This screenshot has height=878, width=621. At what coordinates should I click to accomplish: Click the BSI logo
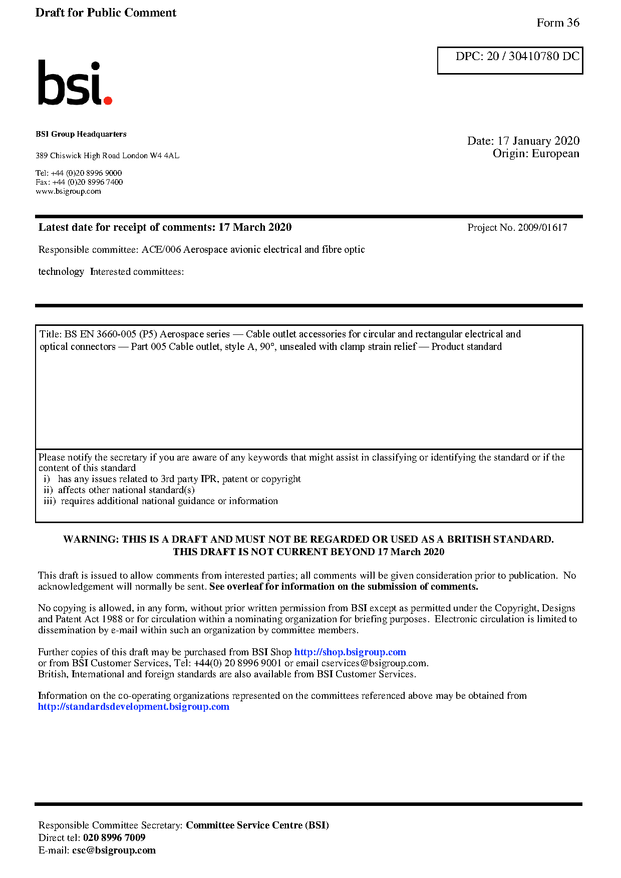pos(75,83)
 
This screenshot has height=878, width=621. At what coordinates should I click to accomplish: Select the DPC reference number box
pos(510,60)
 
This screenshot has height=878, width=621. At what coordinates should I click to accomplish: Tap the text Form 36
pos(557,23)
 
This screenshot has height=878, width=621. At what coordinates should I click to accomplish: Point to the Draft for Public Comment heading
pos(106,13)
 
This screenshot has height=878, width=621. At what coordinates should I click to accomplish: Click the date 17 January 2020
pos(538,141)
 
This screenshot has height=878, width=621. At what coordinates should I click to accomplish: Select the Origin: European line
pos(535,154)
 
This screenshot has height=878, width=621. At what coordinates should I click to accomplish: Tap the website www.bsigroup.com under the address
pos(68,191)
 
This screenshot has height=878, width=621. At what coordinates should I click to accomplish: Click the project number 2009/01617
pos(542,228)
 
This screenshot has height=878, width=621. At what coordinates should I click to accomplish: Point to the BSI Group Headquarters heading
pos(81,134)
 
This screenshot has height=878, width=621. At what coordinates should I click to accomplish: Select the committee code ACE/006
pos(161,250)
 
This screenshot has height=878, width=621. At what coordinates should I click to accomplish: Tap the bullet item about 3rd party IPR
pos(179,479)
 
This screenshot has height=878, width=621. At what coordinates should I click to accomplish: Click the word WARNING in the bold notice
pos(91,540)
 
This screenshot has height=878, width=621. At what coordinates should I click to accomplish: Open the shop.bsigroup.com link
pos(350,652)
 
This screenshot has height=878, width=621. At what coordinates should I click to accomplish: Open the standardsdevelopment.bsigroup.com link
pos(133,707)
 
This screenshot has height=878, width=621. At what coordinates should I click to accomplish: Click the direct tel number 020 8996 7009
pos(114,838)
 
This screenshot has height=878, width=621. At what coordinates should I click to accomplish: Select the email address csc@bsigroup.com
pos(114,850)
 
